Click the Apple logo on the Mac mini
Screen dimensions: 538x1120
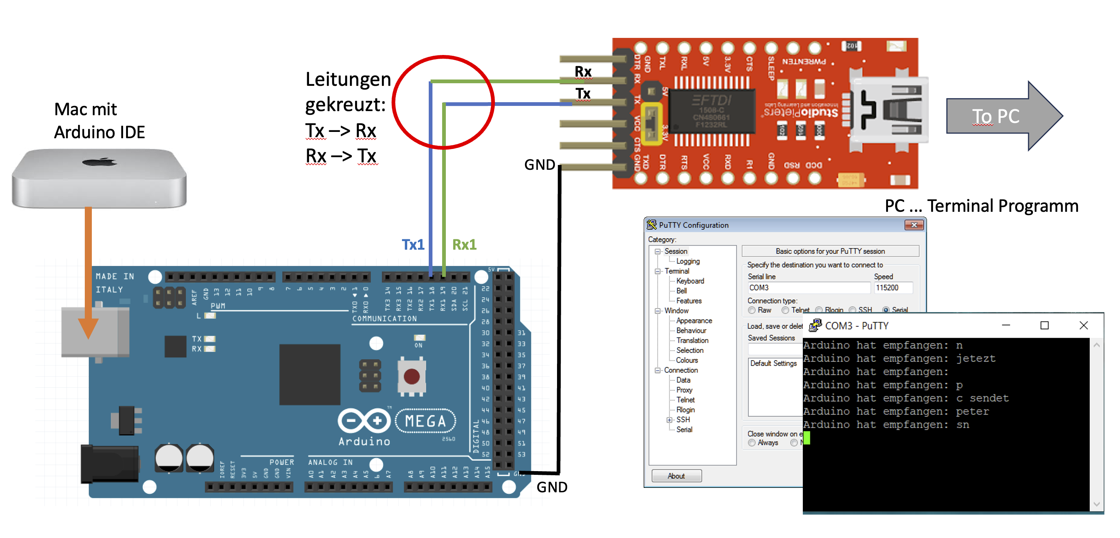pos(100,162)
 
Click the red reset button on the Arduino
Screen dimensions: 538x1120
pos(411,376)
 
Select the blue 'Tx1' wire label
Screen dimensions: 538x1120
pos(413,245)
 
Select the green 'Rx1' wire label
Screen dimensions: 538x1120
pos(464,245)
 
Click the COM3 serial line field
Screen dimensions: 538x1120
pos(808,288)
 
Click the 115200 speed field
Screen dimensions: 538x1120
pos(892,288)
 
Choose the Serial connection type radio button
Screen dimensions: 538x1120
pos(885,310)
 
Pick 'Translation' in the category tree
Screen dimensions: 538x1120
pos(692,340)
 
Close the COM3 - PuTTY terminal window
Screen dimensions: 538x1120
pos(1084,325)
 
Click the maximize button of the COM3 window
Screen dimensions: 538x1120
pos(1045,325)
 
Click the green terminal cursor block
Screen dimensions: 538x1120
pos(807,438)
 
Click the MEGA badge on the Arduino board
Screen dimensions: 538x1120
pos(425,421)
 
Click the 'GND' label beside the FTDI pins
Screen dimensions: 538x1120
pos(540,165)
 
